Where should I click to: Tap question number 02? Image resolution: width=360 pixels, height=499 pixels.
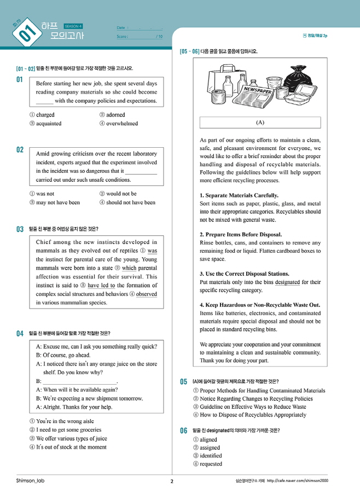pos(20,149)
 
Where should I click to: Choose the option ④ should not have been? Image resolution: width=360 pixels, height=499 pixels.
pos(127,202)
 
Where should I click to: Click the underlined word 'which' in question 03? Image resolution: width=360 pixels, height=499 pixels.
pos(129,268)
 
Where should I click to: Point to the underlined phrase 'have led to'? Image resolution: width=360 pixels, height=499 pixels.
pos(101,285)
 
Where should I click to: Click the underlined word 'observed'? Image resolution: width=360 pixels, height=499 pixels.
pos(146,294)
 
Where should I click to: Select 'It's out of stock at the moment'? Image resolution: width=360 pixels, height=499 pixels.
pos(68,447)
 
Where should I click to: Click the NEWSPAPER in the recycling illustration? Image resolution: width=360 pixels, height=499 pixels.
pos(257,91)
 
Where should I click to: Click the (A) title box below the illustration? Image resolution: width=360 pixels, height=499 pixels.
pos(260,123)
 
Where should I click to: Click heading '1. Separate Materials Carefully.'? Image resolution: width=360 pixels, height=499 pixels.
pos(239,195)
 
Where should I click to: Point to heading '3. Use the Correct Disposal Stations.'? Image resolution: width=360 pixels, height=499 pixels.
pos(245,274)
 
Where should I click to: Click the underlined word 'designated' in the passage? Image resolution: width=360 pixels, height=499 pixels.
pos(287,282)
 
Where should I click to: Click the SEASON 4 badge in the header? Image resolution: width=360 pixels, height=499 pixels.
pos(73,26)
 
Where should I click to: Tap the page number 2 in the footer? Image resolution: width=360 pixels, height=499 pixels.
pos(172,481)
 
